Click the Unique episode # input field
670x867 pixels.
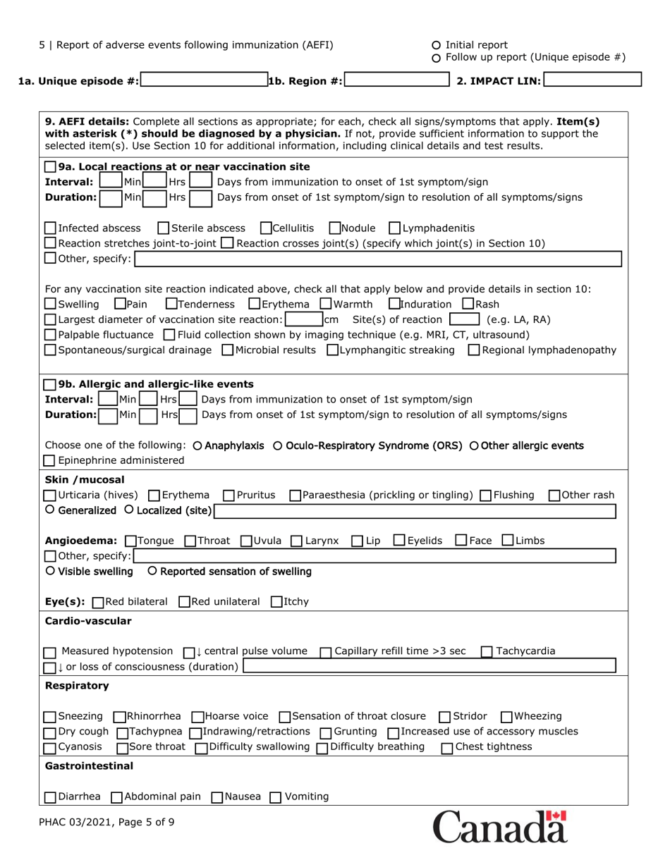[x=204, y=80]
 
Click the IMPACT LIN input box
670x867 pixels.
[x=592, y=80]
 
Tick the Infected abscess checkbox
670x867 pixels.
[x=50, y=228]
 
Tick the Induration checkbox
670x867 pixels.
[x=394, y=304]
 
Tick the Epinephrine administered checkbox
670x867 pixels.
[x=50, y=461]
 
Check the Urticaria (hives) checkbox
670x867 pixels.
[x=50, y=495]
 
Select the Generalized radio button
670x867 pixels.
[x=49, y=510]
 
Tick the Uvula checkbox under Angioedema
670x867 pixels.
[x=246, y=541]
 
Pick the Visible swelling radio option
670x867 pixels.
[x=49, y=570]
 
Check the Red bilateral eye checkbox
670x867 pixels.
[x=98, y=601]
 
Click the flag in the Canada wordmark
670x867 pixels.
[x=558, y=818]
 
